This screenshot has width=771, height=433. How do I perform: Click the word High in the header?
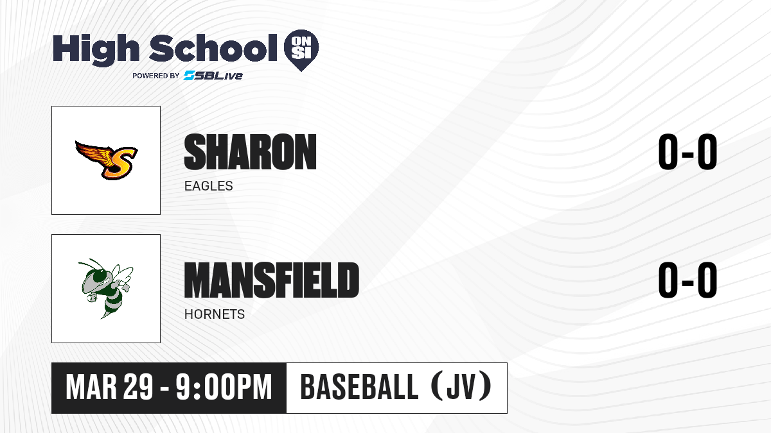point(96,49)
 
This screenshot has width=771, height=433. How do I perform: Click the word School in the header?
point(213,47)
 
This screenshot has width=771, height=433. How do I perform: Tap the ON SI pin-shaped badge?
point(301,50)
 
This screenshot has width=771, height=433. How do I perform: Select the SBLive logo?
point(213,75)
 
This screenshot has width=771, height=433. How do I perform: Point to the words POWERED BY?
point(156,76)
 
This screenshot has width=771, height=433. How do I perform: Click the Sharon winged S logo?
point(107,160)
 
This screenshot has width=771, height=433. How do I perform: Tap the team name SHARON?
point(250,152)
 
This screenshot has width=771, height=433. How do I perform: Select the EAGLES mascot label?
point(209,186)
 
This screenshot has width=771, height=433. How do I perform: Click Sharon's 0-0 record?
point(687,152)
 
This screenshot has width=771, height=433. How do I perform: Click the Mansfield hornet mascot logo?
point(105,288)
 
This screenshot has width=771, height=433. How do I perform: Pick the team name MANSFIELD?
point(272,280)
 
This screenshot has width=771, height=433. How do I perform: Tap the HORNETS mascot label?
point(215,314)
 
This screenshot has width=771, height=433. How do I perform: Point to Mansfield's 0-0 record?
point(687,280)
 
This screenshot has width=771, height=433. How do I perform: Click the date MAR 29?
point(109,387)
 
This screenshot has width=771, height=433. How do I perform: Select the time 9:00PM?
point(224,387)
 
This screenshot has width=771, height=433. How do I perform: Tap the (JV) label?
point(461,386)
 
